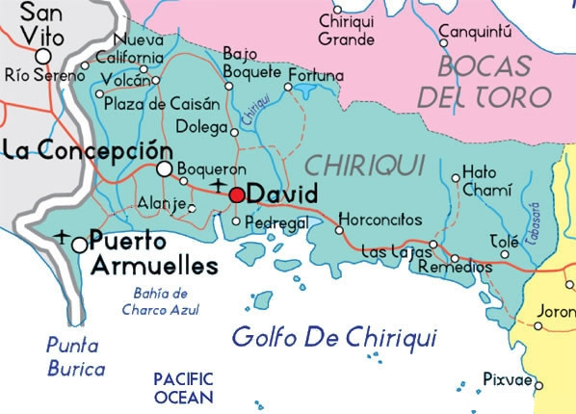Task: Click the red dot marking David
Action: pos(237,194)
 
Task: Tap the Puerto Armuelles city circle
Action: pos(79,245)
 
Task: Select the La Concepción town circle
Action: pos(165,169)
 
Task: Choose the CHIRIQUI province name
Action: pos(358,165)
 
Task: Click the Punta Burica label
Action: pos(75,354)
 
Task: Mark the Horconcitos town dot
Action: pos(339,229)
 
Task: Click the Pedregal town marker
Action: pos(237,221)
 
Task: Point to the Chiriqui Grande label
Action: pos(346,31)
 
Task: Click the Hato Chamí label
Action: pos(486,180)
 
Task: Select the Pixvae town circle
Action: pos(538,385)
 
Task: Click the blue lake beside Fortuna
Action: pos(305,91)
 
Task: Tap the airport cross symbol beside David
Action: pos(219,184)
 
